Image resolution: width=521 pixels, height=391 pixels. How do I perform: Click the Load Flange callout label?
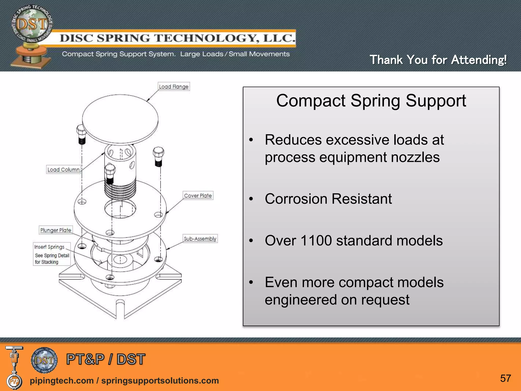[x=174, y=87]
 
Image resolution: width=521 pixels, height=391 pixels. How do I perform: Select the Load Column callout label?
[x=64, y=170]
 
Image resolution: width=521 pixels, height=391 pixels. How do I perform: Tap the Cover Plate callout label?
[x=198, y=195]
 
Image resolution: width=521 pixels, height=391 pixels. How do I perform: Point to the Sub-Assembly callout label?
[x=200, y=239]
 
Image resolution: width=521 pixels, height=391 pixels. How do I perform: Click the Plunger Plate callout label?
[x=56, y=230]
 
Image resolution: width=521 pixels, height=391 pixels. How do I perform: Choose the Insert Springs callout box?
[x=52, y=254]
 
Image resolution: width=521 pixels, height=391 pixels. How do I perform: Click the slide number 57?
[x=505, y=379]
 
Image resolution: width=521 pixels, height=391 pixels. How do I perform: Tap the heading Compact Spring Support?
[x=371, y=101]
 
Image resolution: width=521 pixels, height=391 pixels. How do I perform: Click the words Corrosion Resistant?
[x=328, y=199]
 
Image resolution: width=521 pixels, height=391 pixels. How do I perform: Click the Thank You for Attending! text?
[x=438, y=60]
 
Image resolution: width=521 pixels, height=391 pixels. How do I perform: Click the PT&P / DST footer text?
[x=106, y=359]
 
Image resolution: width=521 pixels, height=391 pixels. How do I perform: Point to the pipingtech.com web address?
[x=62, y=381]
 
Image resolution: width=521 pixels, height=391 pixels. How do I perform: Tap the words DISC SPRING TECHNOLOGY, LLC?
[x=178, y=38]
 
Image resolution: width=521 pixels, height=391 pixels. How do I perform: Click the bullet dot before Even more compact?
[x=251, y=282]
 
